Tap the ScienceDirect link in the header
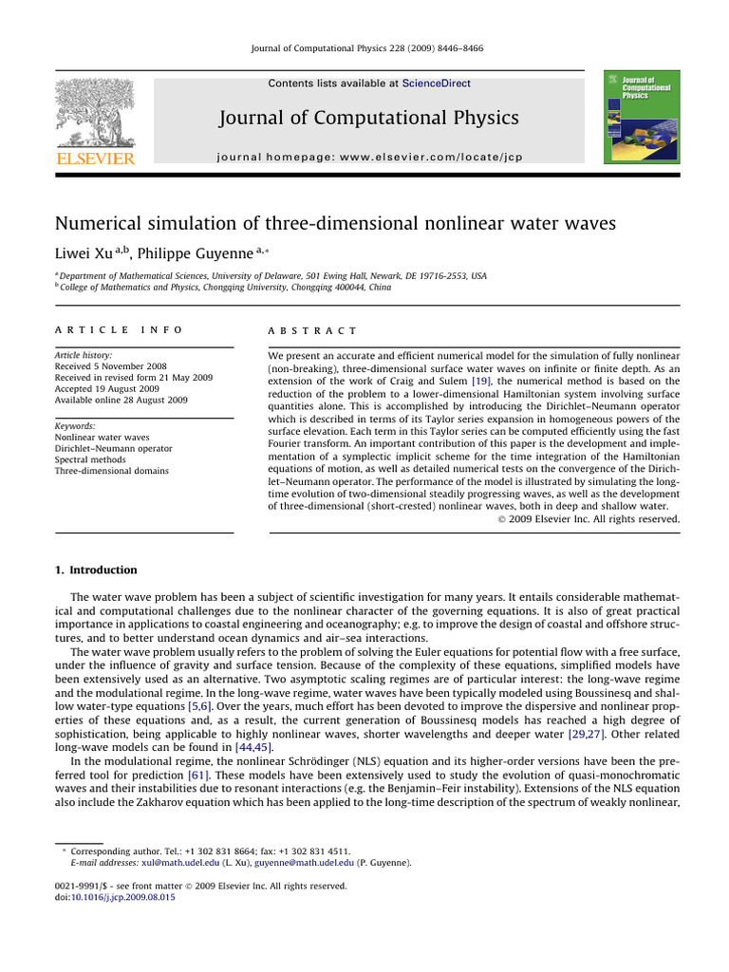click(x=436, y=84)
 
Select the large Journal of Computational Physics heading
click(x=369, y=118)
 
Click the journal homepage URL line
click(x=369, y=155)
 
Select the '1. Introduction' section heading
click(x=96, y=570)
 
